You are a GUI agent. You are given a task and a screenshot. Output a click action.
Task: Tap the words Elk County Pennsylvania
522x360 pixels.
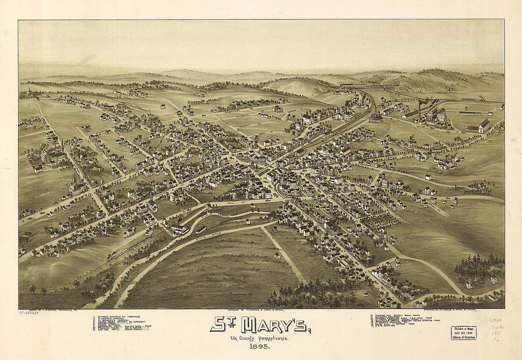tap(260, 338)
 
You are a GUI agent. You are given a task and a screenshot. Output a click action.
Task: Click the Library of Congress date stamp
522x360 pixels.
tap(463, 333)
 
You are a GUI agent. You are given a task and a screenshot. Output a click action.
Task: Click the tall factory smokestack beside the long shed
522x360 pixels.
tap(419, 109)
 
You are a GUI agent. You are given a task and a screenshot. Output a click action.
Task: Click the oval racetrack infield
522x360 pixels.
tap(470, 119)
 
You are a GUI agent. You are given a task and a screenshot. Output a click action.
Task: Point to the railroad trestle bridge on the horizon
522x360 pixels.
tap(368, 86)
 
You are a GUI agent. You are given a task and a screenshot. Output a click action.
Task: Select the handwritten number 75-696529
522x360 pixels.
tap(28, 313)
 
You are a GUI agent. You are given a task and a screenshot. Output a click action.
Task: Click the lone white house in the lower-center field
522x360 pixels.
tap(277, 256)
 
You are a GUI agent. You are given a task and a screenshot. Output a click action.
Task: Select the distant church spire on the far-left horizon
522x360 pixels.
tap(29, 90)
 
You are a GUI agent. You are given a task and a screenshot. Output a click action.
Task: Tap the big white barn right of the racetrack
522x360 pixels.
tap(484, 126)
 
